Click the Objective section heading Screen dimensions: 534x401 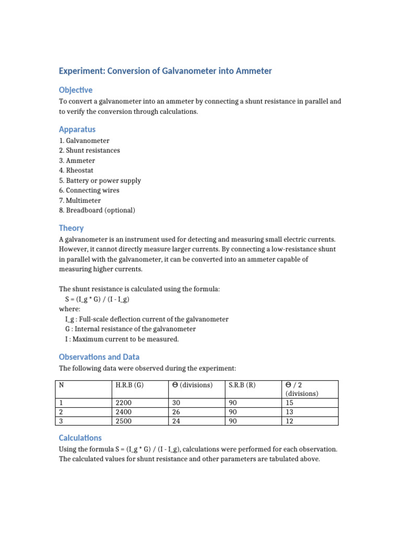point(76,90)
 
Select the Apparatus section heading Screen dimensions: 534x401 point(77,129)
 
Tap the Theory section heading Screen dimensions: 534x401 point(72,228)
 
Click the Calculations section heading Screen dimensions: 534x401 point(80,438)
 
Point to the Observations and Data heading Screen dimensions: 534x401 point(99,357)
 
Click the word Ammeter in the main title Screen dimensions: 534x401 point(253,71)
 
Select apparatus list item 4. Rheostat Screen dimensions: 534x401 point(77,171)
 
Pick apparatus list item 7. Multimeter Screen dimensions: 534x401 point(80,200)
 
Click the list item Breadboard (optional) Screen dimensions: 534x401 point(97,210)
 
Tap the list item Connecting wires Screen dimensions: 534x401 point(89,190)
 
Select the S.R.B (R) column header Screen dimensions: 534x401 point(241,385)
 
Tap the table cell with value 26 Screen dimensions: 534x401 point(176,412)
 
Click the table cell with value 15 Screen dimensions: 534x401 point(290,403)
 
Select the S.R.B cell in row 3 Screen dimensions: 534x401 point(232,421)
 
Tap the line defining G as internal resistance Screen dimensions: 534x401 point(130,329)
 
